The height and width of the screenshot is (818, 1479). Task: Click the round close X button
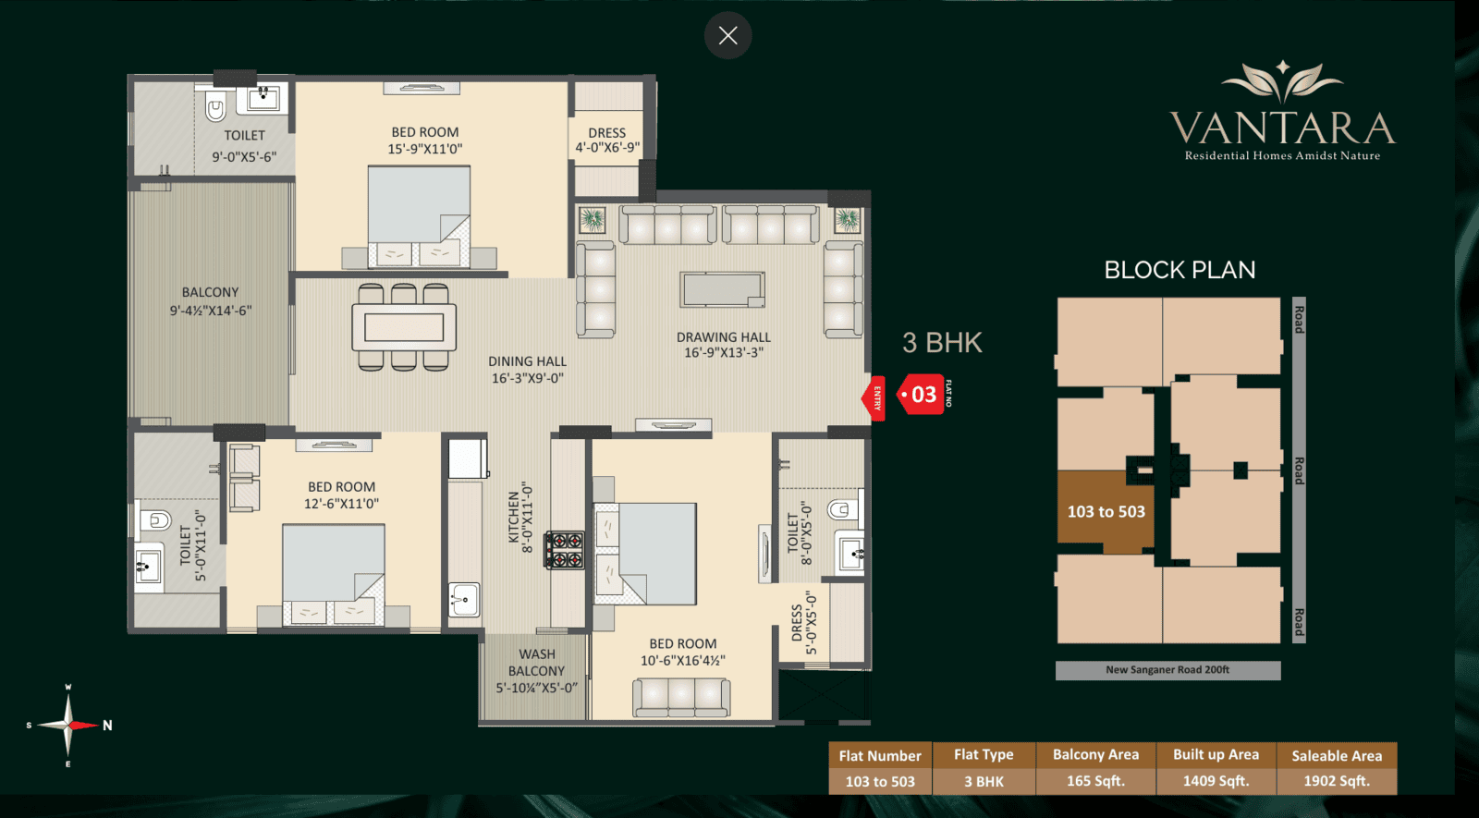pyautogui.click(x=727, y=36)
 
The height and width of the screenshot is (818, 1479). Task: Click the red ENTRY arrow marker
pyautogui.click(x=874, y=398)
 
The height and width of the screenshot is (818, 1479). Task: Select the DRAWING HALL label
pyautogui.click(x=724, y=345)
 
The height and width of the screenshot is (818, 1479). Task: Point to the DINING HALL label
pyautogui.click(x=527, y=370)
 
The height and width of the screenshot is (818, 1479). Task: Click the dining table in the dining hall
pyautogui.click(x=403, y=327)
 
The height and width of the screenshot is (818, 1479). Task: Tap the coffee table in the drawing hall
pyautogui.click(x=722, y=289)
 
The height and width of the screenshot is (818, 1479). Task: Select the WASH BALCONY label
pyautogui.click(x=537, y=671)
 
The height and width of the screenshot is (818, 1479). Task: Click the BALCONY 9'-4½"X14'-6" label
pyautogui.click(x=211, y=301)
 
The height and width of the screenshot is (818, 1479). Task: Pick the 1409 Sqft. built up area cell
pyautogui.click(x=1216, y=781)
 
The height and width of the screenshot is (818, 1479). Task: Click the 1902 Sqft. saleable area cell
pyautogui.click(x=1337, y=781)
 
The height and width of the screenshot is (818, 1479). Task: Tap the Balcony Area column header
pyautogui.click(x=1095, y=754)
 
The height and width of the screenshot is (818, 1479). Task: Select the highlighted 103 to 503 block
pyautogui.click(x=1106, y=512)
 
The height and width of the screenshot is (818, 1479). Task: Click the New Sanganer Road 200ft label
pyautogui.click(x=1167, y=669)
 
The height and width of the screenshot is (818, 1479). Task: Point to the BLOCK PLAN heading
pyautogui.click(x=1180, y=270)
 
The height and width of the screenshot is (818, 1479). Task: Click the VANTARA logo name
pyautogui.click(x=1282, y=128)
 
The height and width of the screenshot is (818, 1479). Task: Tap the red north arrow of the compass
pyautogui.click(x=84, y=725)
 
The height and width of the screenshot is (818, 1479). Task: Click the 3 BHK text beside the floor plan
pyautogui.click(x=942, y=343)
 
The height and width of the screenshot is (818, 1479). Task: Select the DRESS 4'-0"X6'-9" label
pyautogui.click(x=606, y=140)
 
